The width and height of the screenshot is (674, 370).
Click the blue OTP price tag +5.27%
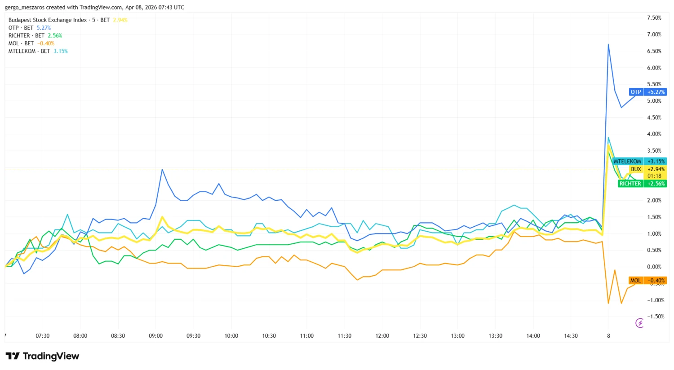pyautogui.click(x=647, y=92)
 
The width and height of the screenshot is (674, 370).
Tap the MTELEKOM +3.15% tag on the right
pyautogui.click(x=639, y=161)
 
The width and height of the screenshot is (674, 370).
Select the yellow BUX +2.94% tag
pyautogui.click(x=647, y=169)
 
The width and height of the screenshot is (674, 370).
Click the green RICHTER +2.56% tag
pyautogui.click(x=641, y=184)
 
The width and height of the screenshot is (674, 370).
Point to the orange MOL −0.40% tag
pyautogui.click(x=647, y=281)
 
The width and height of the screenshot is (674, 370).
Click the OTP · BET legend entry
pyautogui.click(x=29, y=28)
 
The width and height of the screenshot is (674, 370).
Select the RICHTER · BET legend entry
pyautogui.click(x=35, y=35)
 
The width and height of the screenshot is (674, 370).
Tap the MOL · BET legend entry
pyautogui.click(x=31, y=44)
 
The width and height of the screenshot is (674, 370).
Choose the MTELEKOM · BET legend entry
pyautogui.click(x=38, y=51)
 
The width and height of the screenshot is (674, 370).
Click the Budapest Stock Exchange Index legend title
pyautogui.click(x=48, y=20)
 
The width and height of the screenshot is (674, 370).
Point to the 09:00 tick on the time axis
pyautogui.click(x=155, y=336)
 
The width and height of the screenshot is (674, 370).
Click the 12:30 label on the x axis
pyautogui.click(x=420, y=336)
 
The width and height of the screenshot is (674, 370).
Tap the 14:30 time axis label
pyautogui.click(x=571, y=336)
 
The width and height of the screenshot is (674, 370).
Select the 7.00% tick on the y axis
pyautogui.click(x=654, y=35)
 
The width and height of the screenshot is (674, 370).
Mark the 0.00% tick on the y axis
pyautogui.click(x=654, y=267)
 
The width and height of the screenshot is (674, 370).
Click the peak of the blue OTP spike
pyautogui.click(x=608, y=44)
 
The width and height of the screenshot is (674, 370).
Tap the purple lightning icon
pyautogui.click(x=639, y=323)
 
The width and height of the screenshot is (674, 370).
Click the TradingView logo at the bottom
pyautogui.click(x=43, y=356)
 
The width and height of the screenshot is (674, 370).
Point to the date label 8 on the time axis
pyautogui.click(x=608, y=336)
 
